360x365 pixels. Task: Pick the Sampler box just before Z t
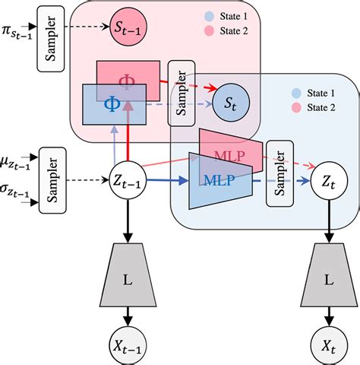point(279,182)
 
